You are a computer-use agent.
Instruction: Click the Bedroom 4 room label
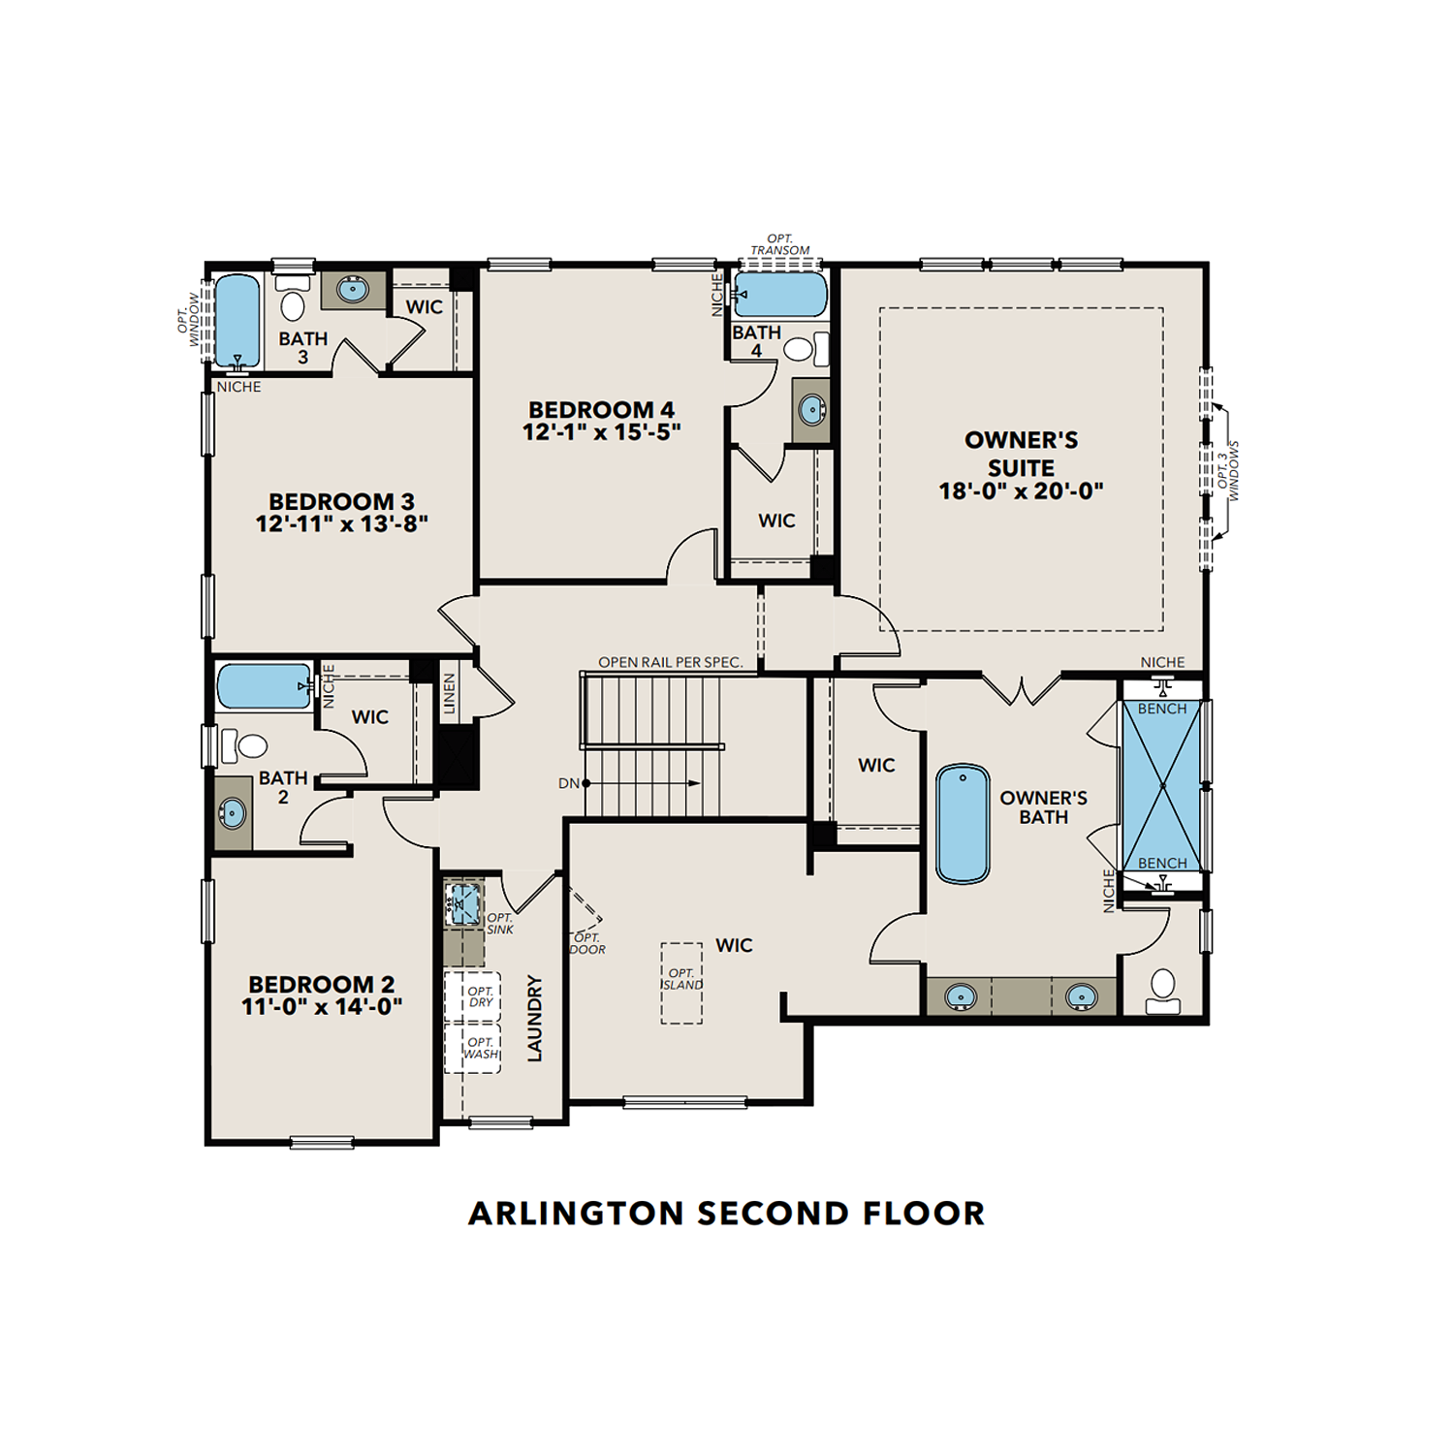pos(601,410)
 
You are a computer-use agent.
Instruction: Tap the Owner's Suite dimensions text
pos(1021,491)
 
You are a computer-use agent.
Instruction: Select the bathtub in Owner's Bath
pos(963,824)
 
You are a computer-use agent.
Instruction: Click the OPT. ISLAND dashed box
pos(681,983)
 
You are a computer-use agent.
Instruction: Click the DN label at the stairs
pos(568,783)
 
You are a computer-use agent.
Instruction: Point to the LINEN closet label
pos(449,694)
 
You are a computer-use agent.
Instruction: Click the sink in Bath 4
pos(811,410)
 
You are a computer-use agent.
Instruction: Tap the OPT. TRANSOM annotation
pos(779,244)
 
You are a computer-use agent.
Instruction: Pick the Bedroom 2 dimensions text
pos(322,1007)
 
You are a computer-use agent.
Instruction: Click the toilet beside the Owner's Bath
pos(1162,990)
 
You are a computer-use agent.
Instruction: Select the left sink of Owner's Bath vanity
pos(960,996)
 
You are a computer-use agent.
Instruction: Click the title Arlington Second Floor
pos(726,1214)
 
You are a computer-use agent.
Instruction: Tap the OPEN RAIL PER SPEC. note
pos(670,663)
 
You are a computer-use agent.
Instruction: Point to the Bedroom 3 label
pos(341,502)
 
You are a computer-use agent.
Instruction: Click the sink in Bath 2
pos(233,813)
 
